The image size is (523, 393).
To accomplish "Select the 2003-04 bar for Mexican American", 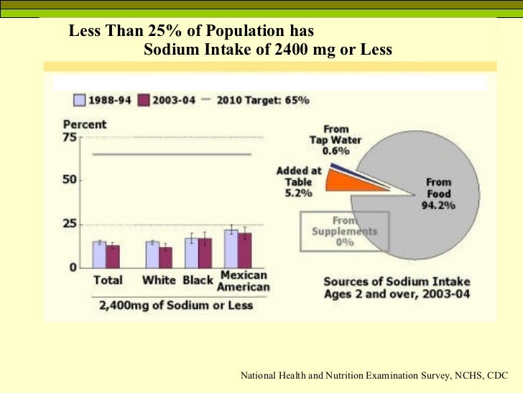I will pyautogui.click(x=245, y=250).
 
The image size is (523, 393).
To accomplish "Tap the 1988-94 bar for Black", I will pyautogui.click(x=191, y=252).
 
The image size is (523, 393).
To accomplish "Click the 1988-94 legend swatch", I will pyautogui.click(x=80, y=100).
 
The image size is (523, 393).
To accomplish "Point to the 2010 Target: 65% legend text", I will pyautogui.click(x=262, y=100).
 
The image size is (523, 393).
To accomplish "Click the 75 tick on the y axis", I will pyautogui.click(x=71, y=137).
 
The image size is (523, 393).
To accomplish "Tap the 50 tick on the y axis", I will pyautogui.click(x=70, y=179).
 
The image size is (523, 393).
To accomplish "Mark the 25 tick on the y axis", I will pyautogui.click(x=70, y=225).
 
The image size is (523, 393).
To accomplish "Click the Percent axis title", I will pyautogui.click(x=84, y=125).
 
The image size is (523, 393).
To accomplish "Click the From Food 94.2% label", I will pyautogui.click(x=438, y=194).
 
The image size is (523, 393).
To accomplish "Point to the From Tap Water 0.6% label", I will pyautogui.click(x=335, y=140).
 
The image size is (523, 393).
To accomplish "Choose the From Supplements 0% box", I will pyautogui.click(x=344, y=231).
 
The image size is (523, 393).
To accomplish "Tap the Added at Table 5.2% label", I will pyautogui.click(x=298, y=182).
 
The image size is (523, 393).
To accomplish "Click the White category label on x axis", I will pyautogui.click(x=159, y=280).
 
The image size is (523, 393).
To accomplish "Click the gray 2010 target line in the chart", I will pyautogui.click(x=172, y=154).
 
